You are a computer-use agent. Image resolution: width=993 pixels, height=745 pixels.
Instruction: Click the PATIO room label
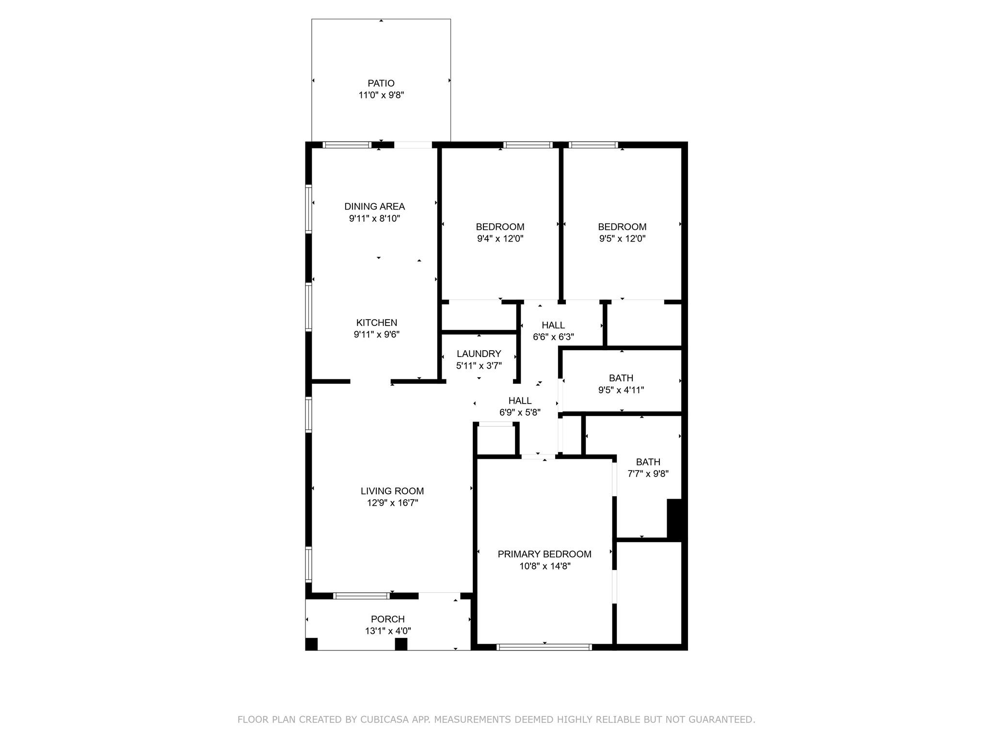coord(381,83)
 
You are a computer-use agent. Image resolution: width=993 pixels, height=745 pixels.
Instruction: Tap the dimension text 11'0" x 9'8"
coord(381,95)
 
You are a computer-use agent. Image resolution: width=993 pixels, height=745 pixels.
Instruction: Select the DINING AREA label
coord(374,207)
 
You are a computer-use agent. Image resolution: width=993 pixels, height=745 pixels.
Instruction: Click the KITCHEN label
coord(377,323)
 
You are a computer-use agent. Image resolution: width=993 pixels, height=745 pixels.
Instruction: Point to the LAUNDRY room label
coord(479,354)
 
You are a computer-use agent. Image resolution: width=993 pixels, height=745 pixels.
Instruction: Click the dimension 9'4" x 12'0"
coord(500,239)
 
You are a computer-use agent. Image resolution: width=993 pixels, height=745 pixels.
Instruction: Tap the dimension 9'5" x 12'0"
coord(622,239)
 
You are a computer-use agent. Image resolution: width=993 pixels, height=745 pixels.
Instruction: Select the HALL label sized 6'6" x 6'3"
coord(553,325)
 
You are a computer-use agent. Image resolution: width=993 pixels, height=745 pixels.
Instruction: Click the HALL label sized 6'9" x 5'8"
coord(520,401)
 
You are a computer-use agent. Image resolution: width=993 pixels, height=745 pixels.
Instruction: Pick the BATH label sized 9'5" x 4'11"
coord(621,378)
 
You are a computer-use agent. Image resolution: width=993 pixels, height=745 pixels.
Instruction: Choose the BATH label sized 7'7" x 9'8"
coord(648,462)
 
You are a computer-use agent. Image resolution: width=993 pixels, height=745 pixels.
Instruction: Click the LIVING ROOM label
coord(392,491)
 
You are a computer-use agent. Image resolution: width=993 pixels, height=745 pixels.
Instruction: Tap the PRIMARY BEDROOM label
coord(545,554)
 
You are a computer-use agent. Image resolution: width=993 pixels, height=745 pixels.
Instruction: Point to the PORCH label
coord(387,619)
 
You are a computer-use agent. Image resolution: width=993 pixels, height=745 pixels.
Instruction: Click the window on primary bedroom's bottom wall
coord(545,647)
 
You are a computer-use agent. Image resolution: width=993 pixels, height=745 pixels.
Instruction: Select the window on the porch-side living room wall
coord(362,596)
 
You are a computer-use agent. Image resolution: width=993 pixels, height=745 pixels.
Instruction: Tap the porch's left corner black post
coord(311,644)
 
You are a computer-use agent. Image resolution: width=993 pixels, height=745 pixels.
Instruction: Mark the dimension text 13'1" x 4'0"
coord(388,631)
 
